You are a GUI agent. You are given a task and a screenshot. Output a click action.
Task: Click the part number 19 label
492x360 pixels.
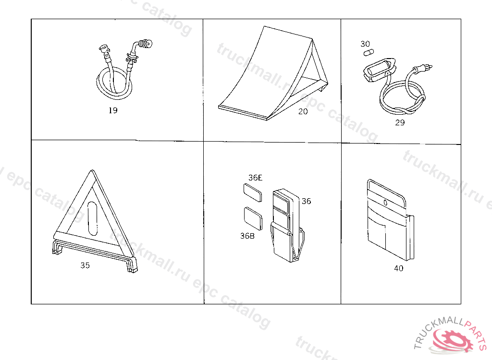click(113, 110)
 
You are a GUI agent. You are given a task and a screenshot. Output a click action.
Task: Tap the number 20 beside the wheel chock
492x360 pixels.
click(303, 112)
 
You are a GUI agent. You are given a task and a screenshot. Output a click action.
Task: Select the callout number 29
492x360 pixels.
click(400, 122)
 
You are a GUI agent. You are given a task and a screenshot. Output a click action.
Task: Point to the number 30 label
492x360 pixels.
click(365, 44)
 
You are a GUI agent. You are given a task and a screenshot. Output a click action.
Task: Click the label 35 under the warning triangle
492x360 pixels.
click(85, 265)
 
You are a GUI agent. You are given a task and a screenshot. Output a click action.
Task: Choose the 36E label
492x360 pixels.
click(255, 178)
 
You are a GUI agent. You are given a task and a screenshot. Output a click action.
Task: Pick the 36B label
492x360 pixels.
click(247, 236)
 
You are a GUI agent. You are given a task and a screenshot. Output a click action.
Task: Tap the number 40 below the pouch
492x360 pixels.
click(398, 268)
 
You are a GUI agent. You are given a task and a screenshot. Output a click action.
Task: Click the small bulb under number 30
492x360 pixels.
click(369, 52)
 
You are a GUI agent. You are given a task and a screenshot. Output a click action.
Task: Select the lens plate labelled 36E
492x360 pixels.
click(253, 192)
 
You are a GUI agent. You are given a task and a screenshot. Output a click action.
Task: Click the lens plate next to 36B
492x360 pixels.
click(253, 218)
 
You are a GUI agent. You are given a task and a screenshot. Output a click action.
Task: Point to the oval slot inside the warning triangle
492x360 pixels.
click(93, 218)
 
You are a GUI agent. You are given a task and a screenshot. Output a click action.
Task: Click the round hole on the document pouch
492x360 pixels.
click(386, 203)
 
